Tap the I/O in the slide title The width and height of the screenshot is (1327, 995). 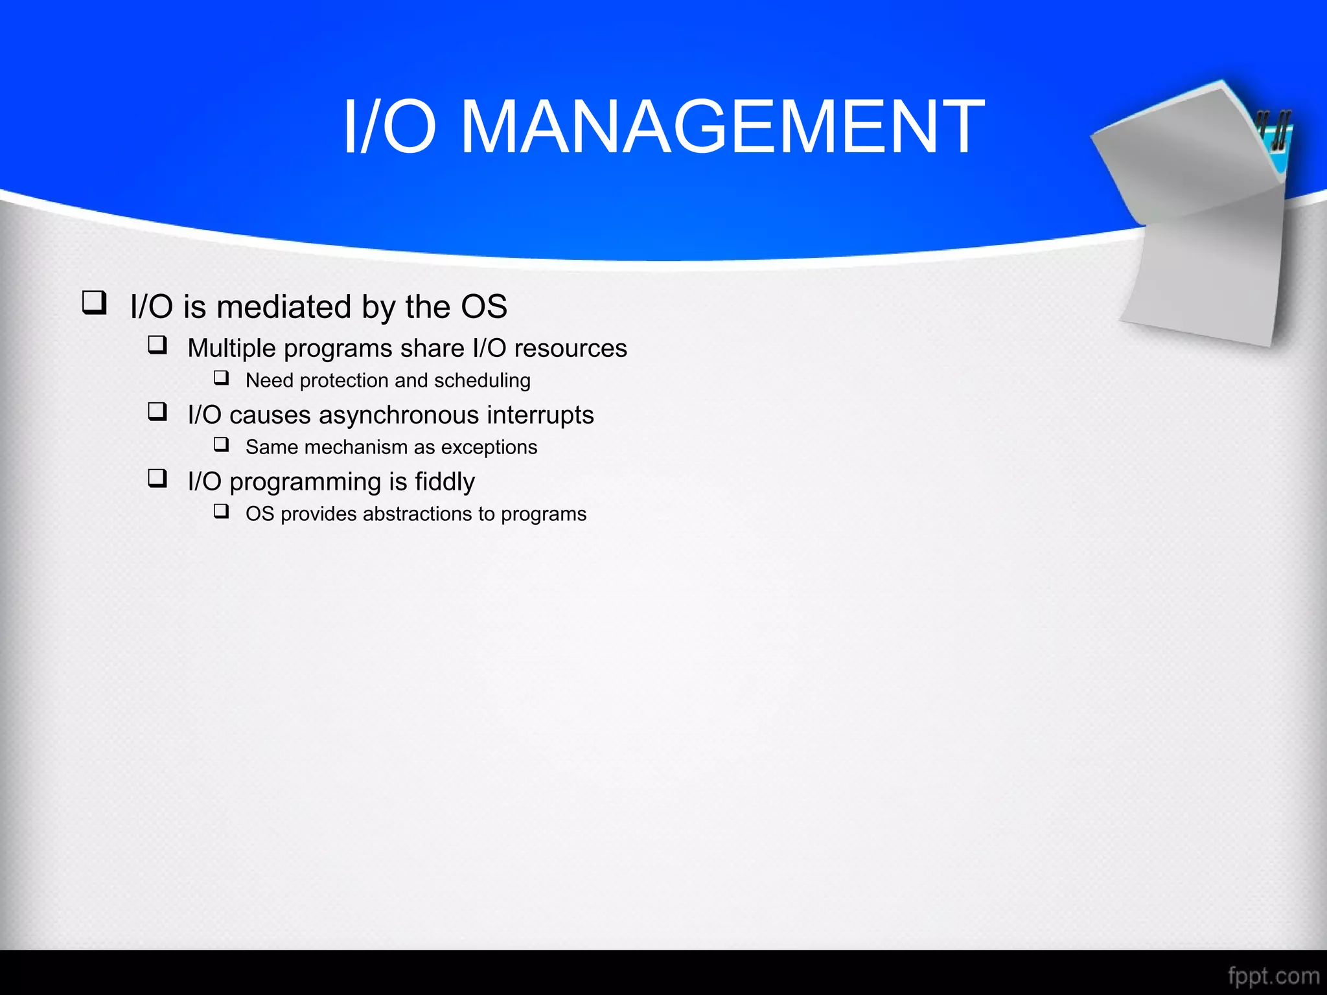tap(389, 127)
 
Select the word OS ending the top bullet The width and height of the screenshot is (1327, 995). tap(483, 306)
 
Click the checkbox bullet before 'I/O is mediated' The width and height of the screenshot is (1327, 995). tap(94, 303)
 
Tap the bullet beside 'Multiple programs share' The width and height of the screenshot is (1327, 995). tap(157, 345)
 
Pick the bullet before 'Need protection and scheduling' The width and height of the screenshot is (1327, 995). tap(222, 378)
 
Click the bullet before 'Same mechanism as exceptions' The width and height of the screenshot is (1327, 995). tap(222, 444)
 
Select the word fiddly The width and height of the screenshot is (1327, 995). tap(444, 482)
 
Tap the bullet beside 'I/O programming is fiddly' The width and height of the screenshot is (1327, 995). tap(157, 478)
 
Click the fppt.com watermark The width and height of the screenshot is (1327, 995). tap(1273, 976)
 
